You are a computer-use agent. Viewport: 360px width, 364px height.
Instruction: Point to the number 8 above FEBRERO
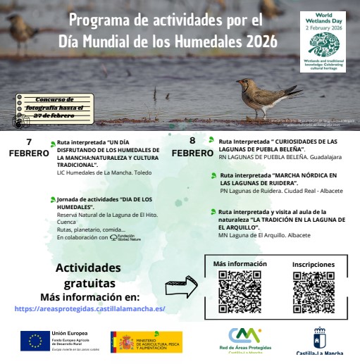192,140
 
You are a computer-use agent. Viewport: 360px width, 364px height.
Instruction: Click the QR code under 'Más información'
240,291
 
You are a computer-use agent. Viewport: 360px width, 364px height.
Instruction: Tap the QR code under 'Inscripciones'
313,291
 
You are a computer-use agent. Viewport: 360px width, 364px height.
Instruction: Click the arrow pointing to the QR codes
181,287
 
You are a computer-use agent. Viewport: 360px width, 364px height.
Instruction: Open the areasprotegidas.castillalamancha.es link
89,308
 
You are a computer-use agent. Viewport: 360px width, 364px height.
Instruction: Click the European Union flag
35,341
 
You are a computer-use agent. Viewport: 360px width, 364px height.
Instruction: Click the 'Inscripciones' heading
313,265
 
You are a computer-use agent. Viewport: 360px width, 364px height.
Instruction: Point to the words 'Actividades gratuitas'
88,275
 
